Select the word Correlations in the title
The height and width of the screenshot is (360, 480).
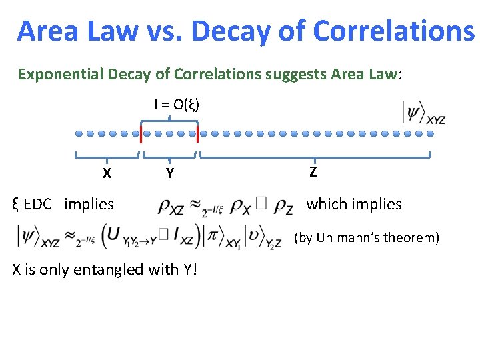(x=393, y=31)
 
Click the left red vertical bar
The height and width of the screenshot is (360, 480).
(x=141, y=133)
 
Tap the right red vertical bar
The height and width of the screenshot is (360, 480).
(x=198, y=133)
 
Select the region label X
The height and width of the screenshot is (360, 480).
(x=107, y=173)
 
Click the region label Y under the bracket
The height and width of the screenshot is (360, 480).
(x=170, y=174)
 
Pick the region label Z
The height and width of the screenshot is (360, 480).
(x=313, y=172)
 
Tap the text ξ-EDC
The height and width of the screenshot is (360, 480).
(x=32, y=204)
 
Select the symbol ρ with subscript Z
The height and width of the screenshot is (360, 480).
(x=282, y=207)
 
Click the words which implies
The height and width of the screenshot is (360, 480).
(x=353, y=204)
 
